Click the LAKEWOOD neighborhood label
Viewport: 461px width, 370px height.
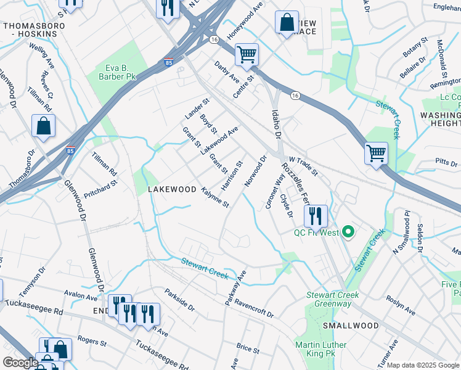pos(173,189)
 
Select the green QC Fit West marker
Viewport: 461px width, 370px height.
pos(348,232)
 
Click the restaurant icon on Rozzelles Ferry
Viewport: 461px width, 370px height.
pos(315,215)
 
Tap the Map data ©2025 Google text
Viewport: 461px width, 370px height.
pos(423,365)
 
